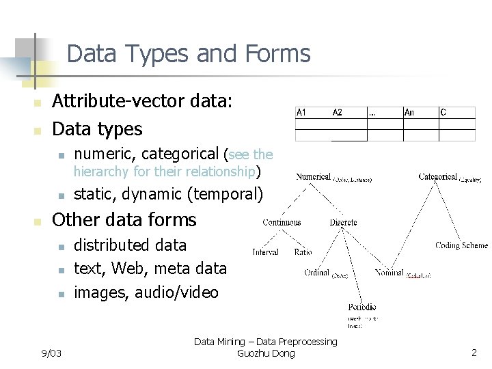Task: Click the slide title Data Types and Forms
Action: coord(189,53)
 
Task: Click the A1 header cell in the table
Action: coord(302,113)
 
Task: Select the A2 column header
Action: coord(338,113)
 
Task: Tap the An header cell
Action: coord(409,113)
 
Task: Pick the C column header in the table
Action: coord(443,113)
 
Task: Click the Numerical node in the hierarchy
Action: coord(314,177)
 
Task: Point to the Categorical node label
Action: coord(438,177)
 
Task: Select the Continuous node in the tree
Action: coord(282,222)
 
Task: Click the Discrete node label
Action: coord(343,222)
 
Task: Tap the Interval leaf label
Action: coord(265,252)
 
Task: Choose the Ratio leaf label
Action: coord(303,252)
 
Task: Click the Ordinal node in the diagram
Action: coord(317,273)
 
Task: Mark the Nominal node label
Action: coord(389,273)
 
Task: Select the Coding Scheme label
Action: coord(462,245)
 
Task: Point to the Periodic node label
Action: coord(361,307)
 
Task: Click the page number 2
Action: coord(474,353)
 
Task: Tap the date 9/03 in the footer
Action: coord(51,353)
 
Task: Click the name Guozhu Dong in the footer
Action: coord(265,353)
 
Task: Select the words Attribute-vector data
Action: coord(143,101)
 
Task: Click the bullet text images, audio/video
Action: coord(146,292)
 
